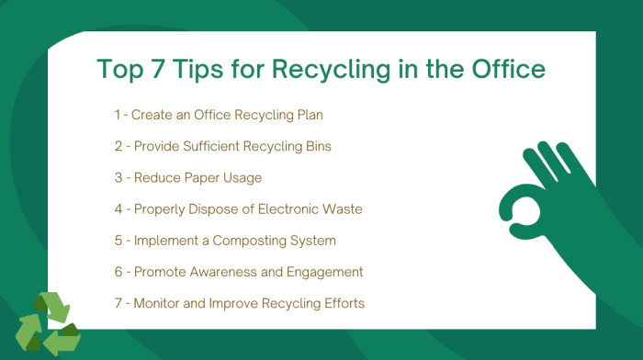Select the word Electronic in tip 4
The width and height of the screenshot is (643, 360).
coord(280,208)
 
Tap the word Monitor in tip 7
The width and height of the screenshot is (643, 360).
coord(156,303)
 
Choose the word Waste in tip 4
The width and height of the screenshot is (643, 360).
coord(340,208)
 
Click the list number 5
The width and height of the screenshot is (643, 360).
coord(118,240)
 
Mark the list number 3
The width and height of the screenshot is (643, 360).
coord(118,177)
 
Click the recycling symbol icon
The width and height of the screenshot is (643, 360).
coord(48,323)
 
